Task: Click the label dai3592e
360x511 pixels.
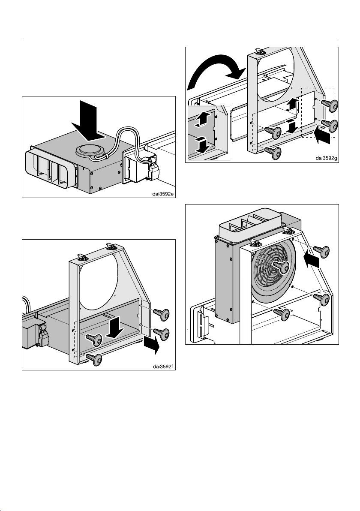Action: [163, 194]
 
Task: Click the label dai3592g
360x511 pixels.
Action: [326, 158]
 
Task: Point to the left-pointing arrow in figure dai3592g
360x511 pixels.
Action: [323, 135]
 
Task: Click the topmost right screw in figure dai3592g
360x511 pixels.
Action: [330, 105]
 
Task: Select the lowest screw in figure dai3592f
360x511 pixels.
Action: [94, 359]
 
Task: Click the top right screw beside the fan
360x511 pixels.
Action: [321, 251]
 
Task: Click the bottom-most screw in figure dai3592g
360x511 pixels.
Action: [273, 152]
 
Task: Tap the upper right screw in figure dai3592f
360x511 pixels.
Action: [161, 315]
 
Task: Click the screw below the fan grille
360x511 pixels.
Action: [282, 314]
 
